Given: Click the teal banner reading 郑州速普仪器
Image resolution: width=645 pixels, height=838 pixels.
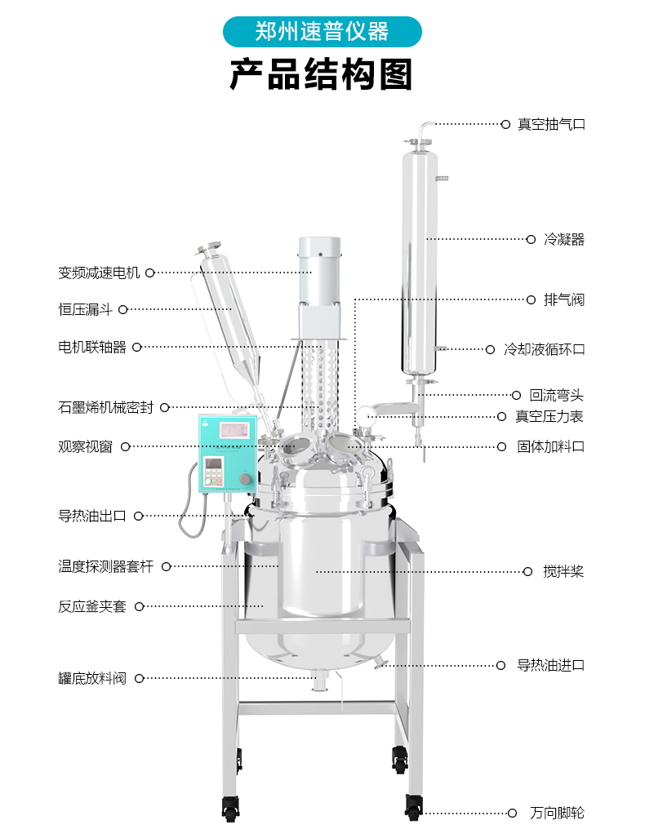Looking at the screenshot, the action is (322, 32).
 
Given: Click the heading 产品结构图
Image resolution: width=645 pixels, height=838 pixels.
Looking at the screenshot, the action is (322, 75).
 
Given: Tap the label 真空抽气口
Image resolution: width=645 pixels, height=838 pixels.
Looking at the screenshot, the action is (551, 125).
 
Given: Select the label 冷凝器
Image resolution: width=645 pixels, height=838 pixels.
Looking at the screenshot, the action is (564, 239).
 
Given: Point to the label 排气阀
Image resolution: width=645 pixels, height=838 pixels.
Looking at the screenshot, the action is (564, 299).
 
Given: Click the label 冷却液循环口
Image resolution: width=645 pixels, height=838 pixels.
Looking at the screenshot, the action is (545, 349).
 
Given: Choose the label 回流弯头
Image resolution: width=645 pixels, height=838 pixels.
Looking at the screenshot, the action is (556, 396).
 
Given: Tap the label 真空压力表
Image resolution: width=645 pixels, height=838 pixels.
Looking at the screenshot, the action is (549, 416).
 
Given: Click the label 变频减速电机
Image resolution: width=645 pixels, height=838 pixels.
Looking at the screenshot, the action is (99, 273).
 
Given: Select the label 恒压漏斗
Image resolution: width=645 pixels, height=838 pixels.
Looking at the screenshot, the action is (85, 309).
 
